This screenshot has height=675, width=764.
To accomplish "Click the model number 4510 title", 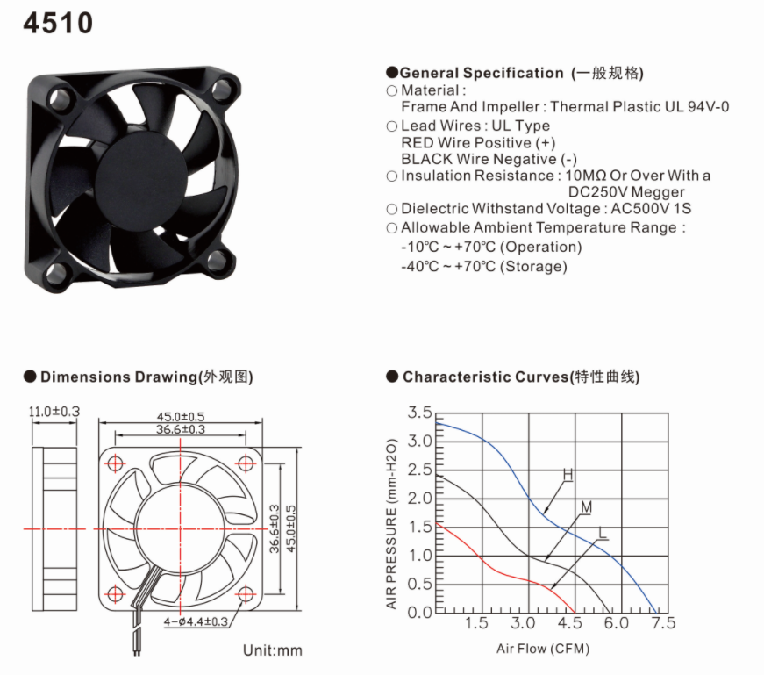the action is pyautogui.click(x=58, y=23).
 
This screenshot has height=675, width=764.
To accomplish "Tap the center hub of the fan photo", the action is pyautogui.click(x=142, y=174).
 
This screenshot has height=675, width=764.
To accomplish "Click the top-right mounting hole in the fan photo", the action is pyautogui.click(x=221, y=90).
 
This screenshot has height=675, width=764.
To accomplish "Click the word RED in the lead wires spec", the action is pyautogui.click(x=417, y=143).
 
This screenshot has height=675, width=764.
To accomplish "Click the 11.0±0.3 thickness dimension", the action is pyautogui.click(x=54, y=412).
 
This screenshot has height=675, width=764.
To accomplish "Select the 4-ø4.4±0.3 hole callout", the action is pyautogui.click(x=196, y=621).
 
